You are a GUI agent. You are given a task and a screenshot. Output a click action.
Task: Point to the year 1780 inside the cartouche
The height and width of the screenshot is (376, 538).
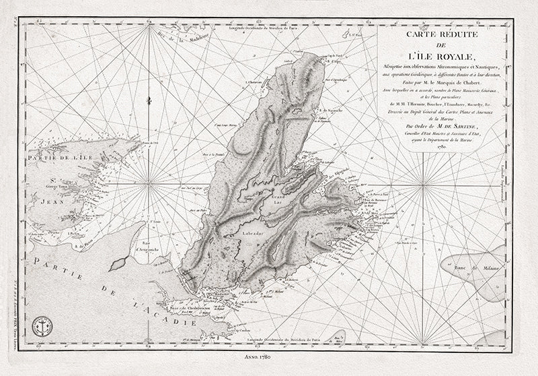(441, 146)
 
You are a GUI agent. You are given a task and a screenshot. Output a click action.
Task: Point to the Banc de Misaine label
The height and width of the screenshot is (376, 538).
(480, 269)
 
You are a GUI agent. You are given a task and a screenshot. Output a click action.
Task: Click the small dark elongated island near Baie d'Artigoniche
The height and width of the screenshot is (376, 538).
(118, 263)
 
